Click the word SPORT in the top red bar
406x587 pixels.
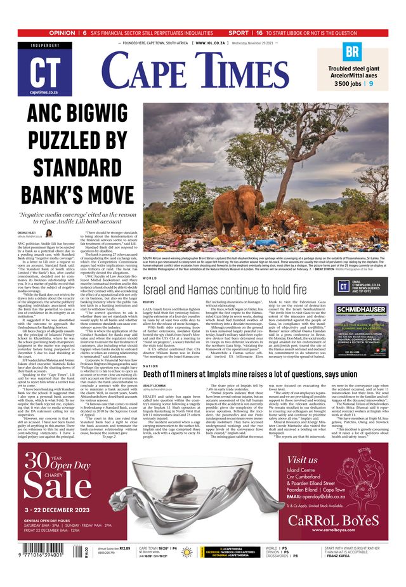point(239,32)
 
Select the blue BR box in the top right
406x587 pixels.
point(352,51)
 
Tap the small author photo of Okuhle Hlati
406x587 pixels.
point(48,234)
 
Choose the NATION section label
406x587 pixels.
point(151,366)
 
